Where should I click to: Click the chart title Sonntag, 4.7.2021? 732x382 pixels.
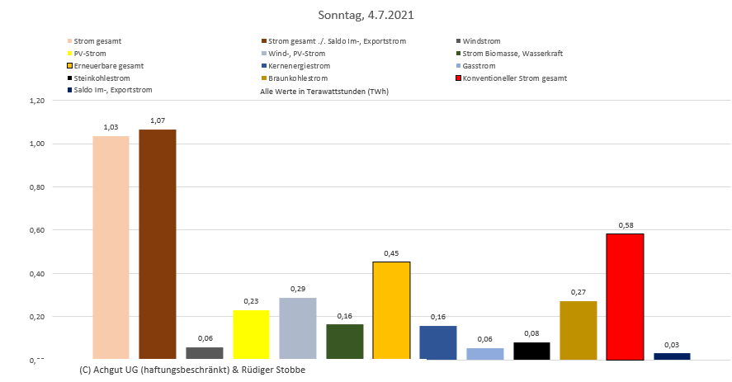coord(366,15)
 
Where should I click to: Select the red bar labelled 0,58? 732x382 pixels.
coord(625,296)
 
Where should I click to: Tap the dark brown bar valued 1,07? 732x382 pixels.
coord(157,244)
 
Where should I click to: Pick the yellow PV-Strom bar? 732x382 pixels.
coord(251,334)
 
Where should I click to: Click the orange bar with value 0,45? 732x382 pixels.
coord(391,310)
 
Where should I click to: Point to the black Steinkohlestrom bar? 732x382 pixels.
coord(531,351)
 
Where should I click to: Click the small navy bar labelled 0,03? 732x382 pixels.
coord(671,356)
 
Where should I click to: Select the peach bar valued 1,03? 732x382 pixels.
coord(111,248)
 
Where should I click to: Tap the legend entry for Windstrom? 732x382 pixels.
coord(481,40)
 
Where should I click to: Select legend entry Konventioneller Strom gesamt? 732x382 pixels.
coord(514,78)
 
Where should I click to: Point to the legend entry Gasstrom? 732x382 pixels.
coord(479,65)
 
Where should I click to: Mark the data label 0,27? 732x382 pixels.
coord(578,291)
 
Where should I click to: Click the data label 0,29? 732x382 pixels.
coord(297,288)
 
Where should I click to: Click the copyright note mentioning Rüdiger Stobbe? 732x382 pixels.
coord(193,370)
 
